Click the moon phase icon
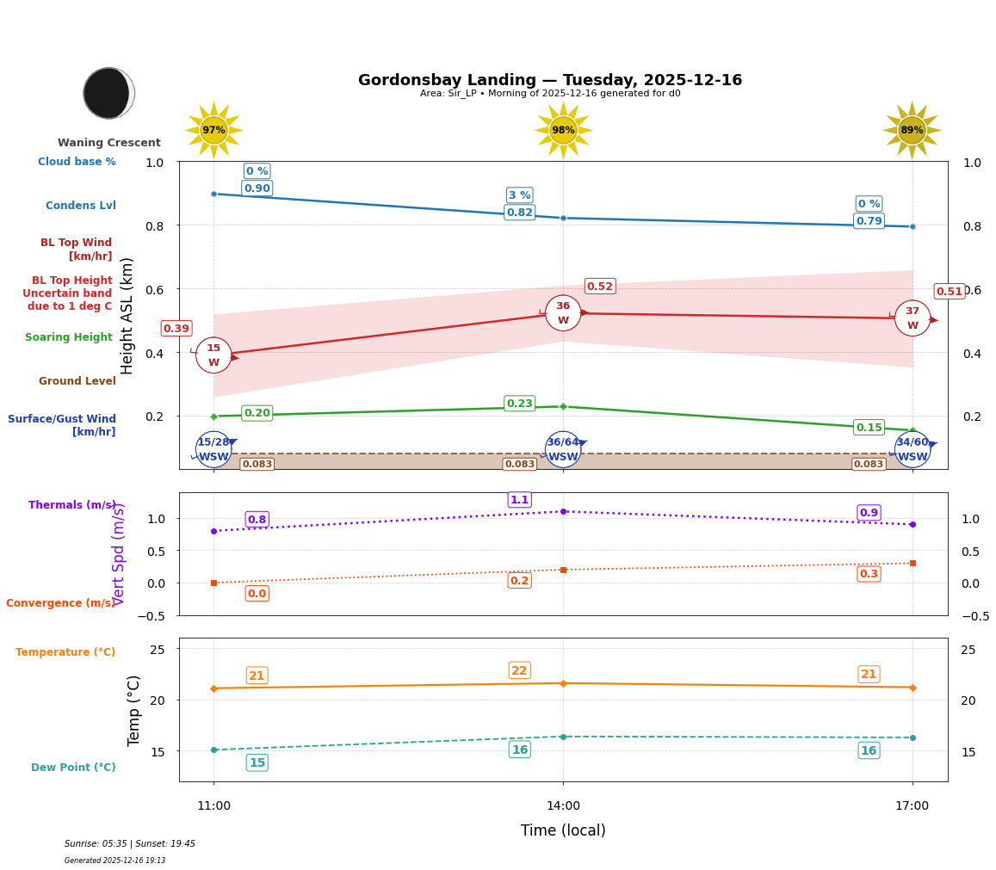tap(108, 93)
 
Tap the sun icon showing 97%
tap(213, 130)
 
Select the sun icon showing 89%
tap(912, 130)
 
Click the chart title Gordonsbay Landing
tap(549, 80)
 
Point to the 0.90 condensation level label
tap(257, 188)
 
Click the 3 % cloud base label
tap(519, 195)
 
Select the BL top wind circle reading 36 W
tap(563, 313)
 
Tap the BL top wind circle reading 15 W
tap(213, 355)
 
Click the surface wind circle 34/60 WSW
tap(912, 449)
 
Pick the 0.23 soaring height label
tap(519, 404)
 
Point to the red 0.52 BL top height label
tap(599, 287)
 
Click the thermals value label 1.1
tap(519, 500)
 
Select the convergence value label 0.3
tap(869, 574)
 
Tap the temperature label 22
tap(519, 670)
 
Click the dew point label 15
tap(257, 762)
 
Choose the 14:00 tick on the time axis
tap(563, 806)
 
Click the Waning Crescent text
tap(109, 143)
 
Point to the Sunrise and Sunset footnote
tap(130, 844)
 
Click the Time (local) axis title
tap(563, 830)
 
